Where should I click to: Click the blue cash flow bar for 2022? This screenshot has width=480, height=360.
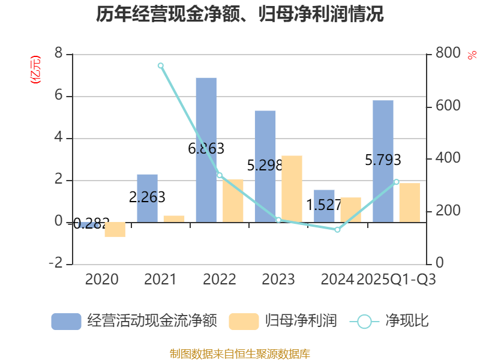(206, 150)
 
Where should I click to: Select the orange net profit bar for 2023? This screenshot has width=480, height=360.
(292, 189)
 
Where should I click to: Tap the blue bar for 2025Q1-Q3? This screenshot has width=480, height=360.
(383, 161)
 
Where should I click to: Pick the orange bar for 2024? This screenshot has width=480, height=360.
(350, 210)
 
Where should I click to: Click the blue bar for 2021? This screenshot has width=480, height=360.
(147, 199)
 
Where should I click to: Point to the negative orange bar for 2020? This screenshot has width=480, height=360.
(115, 229)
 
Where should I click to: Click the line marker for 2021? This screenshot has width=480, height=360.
(161, 65)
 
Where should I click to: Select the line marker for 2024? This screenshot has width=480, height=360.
(337, 230)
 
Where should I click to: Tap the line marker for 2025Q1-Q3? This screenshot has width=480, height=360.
(396, 182)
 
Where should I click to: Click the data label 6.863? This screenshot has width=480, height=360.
(206, 148)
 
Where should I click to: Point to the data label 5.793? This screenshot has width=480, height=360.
(383, 160)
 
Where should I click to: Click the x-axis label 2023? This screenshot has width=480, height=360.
(278, 280)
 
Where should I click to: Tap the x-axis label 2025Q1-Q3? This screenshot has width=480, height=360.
(396, 280)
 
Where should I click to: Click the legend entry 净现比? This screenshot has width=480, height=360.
(389, 321)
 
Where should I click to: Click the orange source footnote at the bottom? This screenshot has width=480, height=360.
(240, 353)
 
